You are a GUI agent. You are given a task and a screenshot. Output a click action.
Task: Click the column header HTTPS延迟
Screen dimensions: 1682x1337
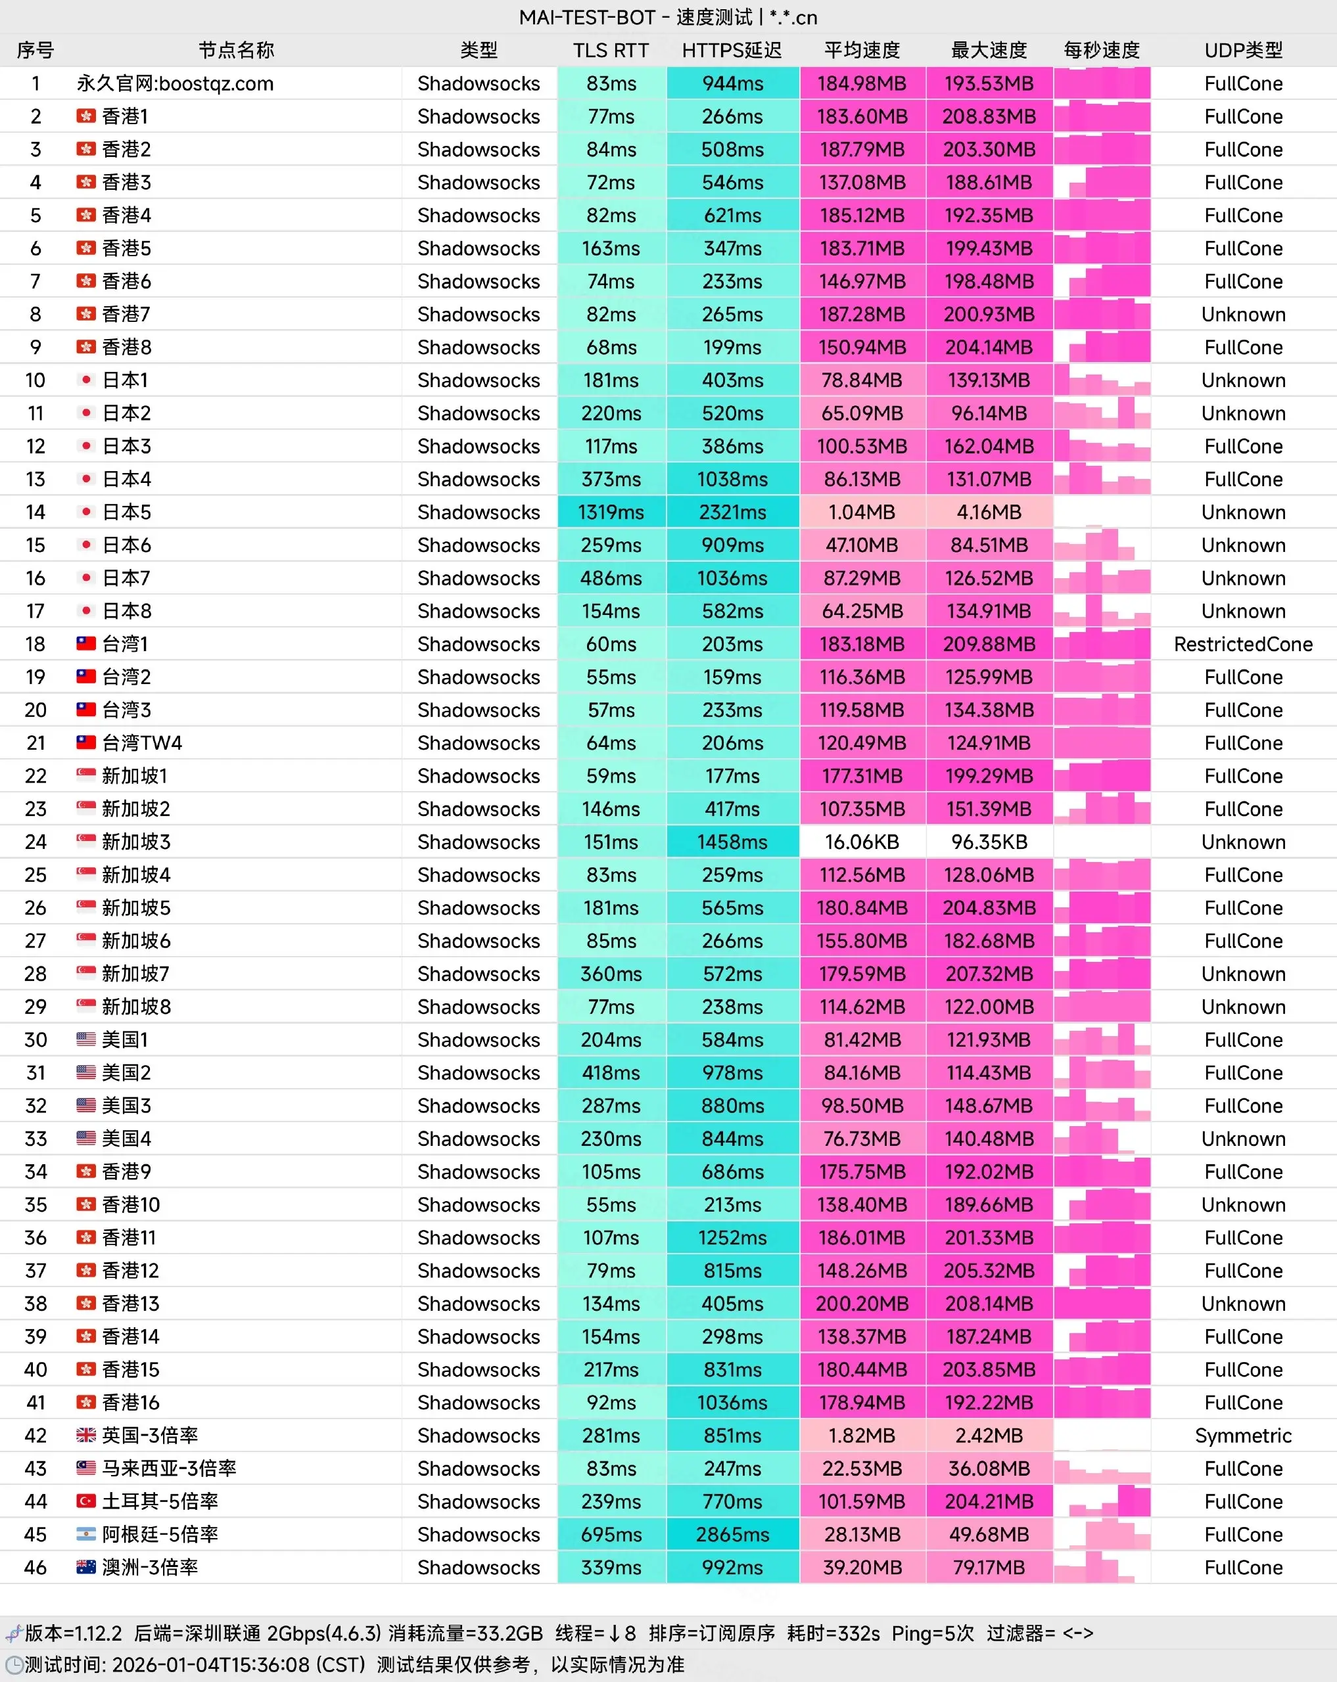point(732,51)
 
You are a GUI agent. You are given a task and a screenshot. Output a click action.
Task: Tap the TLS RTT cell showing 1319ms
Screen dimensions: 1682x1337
point(611,512)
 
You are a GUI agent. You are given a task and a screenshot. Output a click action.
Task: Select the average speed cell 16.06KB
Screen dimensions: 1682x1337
point(862,842)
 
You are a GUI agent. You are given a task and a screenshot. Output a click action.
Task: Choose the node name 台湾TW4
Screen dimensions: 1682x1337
point(142,742)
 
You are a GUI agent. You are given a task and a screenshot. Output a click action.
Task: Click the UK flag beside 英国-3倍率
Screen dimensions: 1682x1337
point(86,1435)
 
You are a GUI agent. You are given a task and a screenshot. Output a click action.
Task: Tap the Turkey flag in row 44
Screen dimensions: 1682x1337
point(86,1501)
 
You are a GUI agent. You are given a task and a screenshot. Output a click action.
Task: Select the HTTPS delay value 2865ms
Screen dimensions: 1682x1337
point(732,1535)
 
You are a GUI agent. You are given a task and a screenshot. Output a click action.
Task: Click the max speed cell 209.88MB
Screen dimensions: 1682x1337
point(988,645)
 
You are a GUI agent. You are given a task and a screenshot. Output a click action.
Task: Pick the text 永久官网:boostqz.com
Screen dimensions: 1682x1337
point(175,83)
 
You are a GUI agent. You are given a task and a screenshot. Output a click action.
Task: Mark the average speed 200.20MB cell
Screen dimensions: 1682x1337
point(862,1304)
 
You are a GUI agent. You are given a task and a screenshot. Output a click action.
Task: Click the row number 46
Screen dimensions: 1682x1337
point(35,1567)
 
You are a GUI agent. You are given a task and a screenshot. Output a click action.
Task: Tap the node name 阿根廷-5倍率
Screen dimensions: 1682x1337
point(160,1535)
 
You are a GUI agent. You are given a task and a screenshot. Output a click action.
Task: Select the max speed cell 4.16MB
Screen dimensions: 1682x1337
point(988,512)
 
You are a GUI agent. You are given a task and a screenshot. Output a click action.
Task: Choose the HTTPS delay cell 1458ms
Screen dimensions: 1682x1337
point(732,842)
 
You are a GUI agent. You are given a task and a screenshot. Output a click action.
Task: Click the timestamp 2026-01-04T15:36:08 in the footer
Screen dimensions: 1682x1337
point(211,1665)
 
